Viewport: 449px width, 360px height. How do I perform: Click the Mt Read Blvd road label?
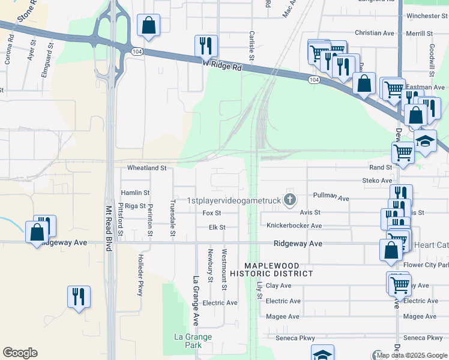[109, 229]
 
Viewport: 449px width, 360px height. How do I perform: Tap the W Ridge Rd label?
[222, 65]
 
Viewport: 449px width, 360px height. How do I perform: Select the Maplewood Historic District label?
[279, 269]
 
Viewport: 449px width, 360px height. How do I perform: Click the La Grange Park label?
[193, 341]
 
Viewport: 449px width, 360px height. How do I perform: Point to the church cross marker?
[291, 200]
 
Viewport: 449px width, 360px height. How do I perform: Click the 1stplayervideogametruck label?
[234, 200]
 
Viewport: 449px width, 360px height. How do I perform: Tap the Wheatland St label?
[146, 169]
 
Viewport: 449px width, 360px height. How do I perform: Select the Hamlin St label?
[135, 193]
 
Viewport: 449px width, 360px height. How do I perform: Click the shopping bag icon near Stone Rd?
[148, 26]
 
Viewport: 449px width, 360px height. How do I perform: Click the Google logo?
[20, 353]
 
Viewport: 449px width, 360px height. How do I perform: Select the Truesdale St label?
[173, 217]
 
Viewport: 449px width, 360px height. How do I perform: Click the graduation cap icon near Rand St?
[426, 142]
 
